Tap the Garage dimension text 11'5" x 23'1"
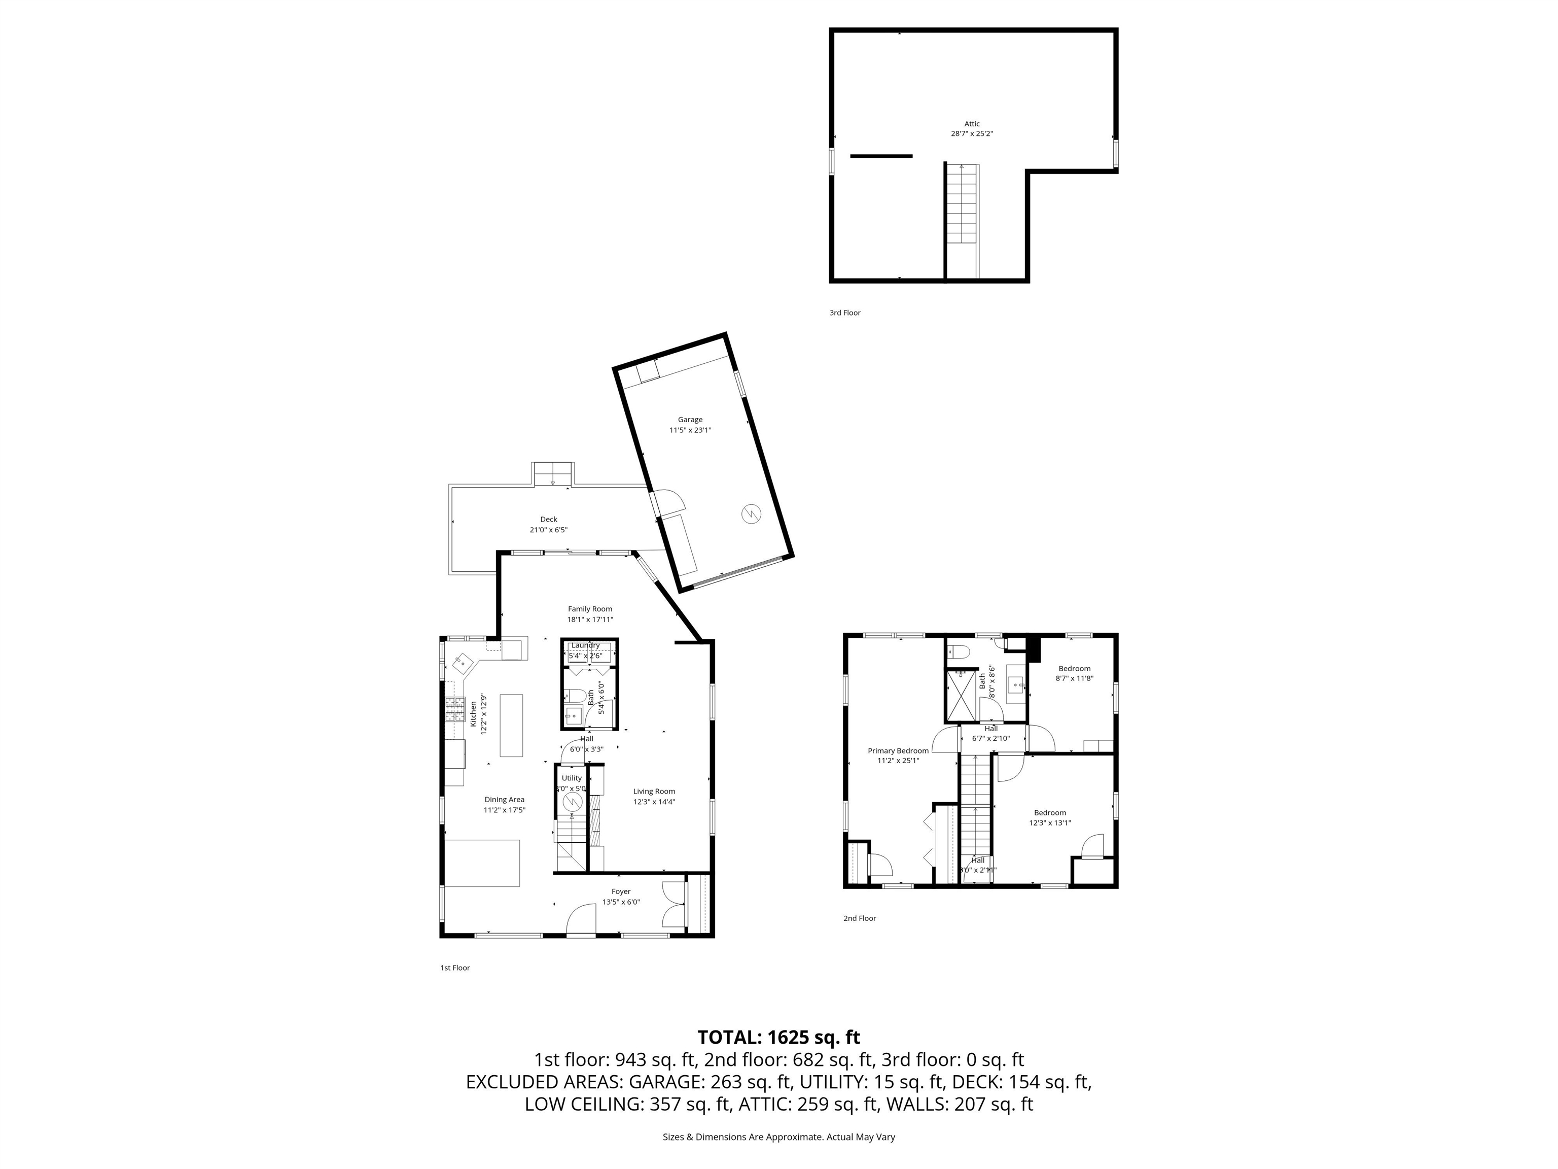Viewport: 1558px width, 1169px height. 690,430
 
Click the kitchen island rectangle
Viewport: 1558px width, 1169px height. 511,725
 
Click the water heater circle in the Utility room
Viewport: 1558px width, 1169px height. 574,802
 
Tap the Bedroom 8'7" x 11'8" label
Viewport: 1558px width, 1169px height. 1074,669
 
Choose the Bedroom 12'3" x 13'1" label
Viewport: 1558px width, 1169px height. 1049,812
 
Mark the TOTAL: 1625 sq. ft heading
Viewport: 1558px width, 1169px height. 778,1037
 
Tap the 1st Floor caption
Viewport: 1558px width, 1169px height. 455,968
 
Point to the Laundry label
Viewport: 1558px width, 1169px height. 585,645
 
